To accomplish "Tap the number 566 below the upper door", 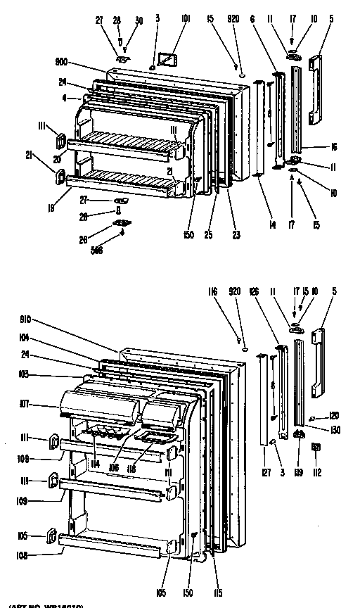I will [x=116, y=252].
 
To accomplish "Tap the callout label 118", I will [x=131, y=467].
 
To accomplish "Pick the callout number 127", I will [x=266, y=474].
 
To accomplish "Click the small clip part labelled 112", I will [x=316, y=447].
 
